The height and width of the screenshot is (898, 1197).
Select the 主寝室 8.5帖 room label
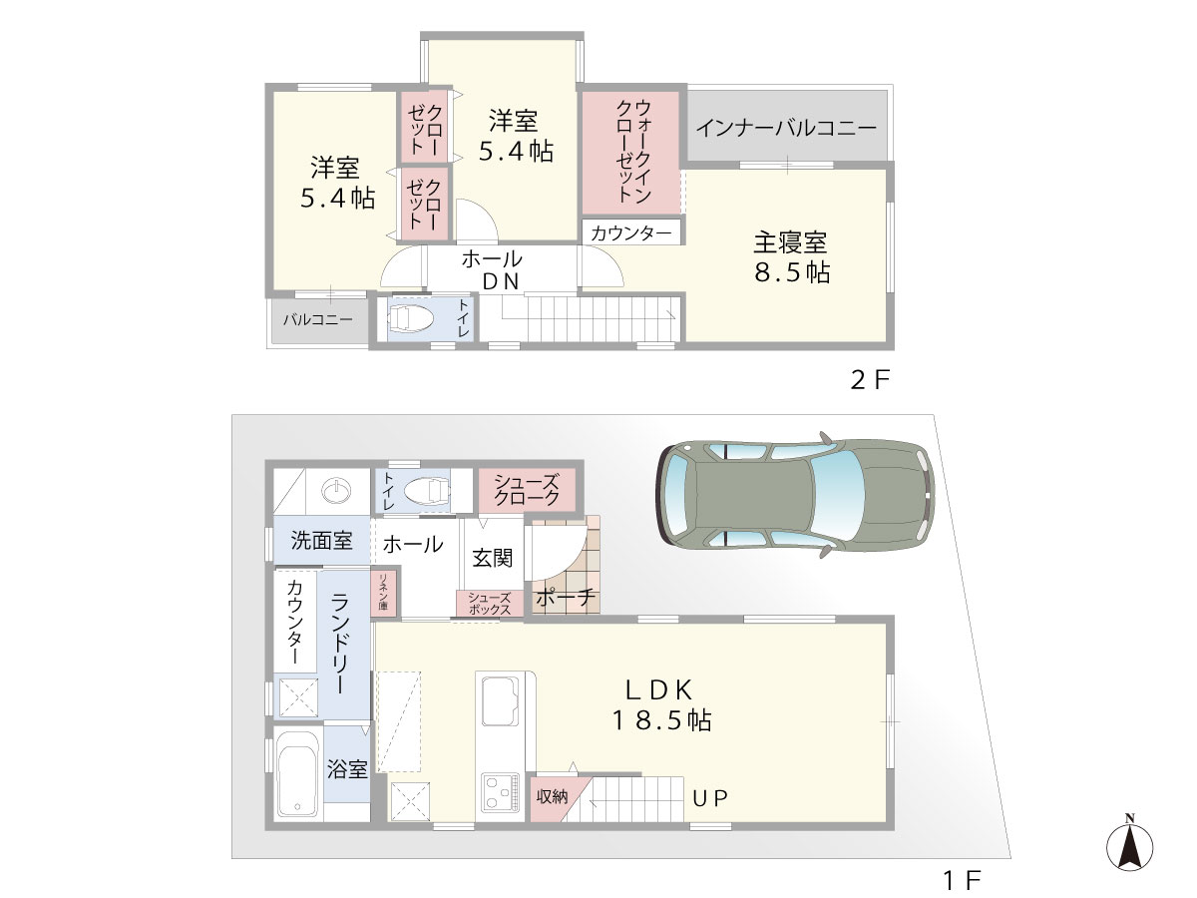[791, 256]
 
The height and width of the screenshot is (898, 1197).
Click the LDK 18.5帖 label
[661, 705]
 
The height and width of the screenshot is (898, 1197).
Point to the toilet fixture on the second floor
[410, 318]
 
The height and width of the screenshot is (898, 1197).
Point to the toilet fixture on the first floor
[428, 490]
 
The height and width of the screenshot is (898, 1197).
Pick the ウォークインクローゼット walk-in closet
[630, 152]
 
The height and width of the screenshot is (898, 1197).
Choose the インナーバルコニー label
[786, 128]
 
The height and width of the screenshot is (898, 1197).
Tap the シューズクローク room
[527, 490]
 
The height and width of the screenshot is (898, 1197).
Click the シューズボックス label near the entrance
[489, 604]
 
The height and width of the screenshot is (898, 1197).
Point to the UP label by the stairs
[710, 798]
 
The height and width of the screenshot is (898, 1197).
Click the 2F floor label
[870, 380]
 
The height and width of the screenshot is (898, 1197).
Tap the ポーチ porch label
[566, 598]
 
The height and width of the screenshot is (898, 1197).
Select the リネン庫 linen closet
[384, 592]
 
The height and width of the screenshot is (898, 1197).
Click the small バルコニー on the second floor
[318, 320]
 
